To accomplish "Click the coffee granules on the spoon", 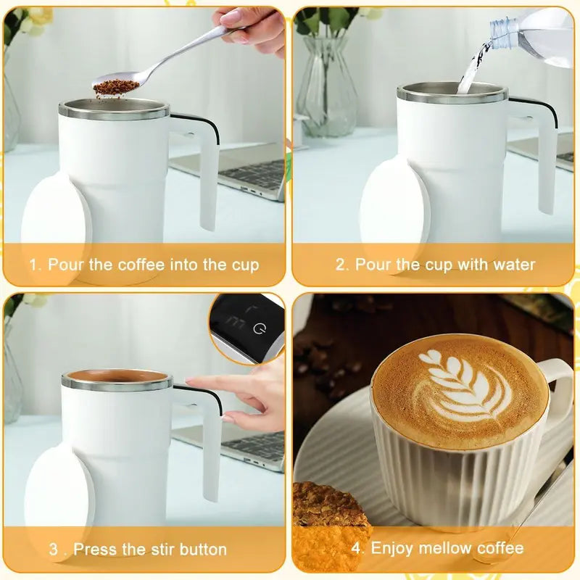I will click(x=116, y=88).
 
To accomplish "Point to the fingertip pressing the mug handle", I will click(x=191, y=381).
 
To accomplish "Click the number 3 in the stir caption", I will click(x=54, y=549).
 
